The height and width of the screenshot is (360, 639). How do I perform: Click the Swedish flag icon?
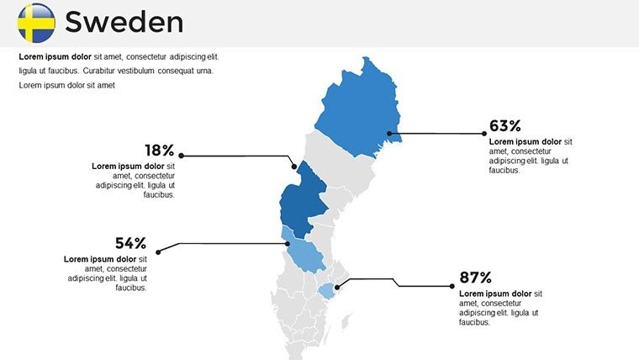pyautogui.click(x=36, y=23)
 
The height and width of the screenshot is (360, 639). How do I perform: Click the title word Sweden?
pyautogui.click(x=124, y=23)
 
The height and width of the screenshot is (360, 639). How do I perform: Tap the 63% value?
pyautogui.click(x=505, y=126)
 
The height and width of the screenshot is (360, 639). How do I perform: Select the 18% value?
pyautogui.click(x=159, y=151)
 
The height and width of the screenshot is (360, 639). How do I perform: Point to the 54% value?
pyautogui.click(x=130, y=243)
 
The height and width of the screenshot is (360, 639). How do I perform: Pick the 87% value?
pyautogui.click(x=475, y=278)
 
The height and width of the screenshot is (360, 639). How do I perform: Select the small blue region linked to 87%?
pyautogui.click(x=326, y=290)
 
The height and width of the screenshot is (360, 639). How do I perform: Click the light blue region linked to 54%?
pyautogui.click(x=304, y=255)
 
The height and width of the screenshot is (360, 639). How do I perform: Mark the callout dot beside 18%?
pyautogui.click(x=182, y=156)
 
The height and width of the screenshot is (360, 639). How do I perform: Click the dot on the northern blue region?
pyautogui.click(x=389, y=134)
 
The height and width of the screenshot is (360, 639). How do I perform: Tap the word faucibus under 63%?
pyautogui.click(x=504, y=170)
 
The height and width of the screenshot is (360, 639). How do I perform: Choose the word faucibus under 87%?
pyautogui.click(x=475, y=321)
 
